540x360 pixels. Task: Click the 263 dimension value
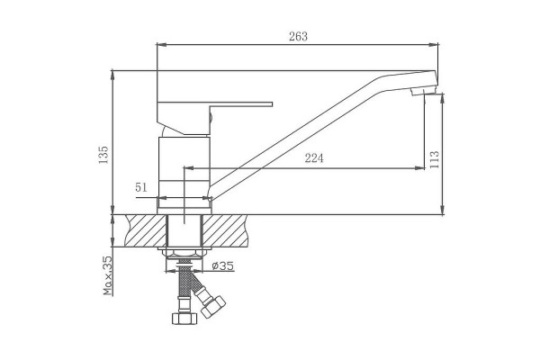click(298, 37)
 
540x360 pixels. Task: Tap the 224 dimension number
click(314, 158)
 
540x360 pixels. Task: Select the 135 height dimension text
click(103, 155)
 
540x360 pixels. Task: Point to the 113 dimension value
click(435, 159)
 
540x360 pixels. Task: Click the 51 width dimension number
click(141, 188)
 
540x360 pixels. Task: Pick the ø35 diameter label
click(223, 266)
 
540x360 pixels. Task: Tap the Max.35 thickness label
click(108, 275)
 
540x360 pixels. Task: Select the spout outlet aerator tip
click(423, 90)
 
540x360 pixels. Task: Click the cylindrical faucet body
click(184, 172)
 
